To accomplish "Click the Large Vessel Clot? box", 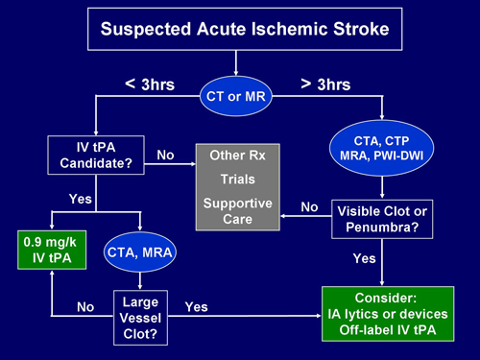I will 142,316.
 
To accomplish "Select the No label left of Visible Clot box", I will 309,205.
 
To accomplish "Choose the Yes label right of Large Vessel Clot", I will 196,308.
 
